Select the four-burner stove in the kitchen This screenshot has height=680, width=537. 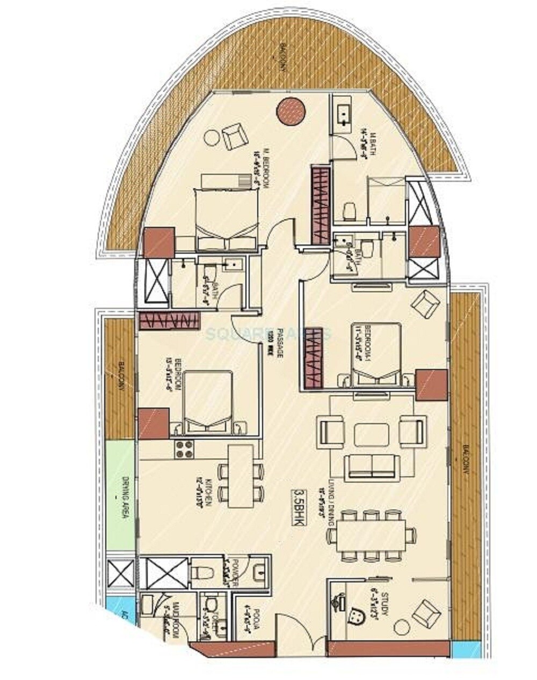pyautogui.click(x=184, y=448)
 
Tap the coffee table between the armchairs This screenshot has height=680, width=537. pyautogui.click(x=372, y=433)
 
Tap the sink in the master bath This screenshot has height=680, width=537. pyautogui.click(x=342, y=113)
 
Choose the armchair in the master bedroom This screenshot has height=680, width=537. pyautogui.click(x=234, y=136)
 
